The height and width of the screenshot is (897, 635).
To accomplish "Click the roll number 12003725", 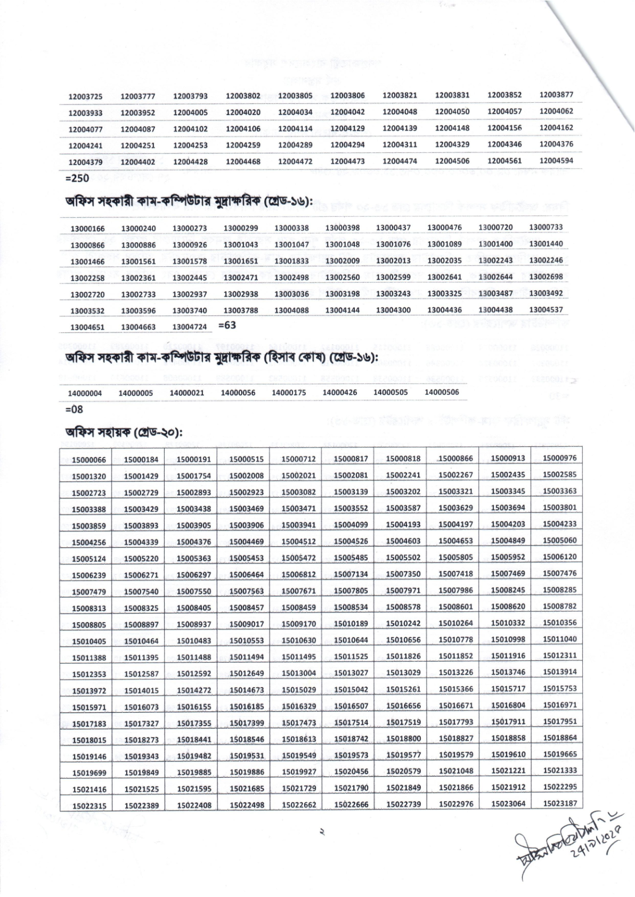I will pyautogui.click(x=85, y=96).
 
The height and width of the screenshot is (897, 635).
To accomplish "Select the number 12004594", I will pyautogui.click(x=556, y=160).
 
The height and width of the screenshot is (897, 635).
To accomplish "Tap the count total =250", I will pyautogui.click(x=77, y=178).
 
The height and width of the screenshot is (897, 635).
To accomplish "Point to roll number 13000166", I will pyautogui.click(x=88, y=229).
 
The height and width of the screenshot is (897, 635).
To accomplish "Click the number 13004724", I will pyautogui.click(x=190, y=327).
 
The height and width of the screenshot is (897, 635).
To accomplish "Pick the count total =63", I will pyautogui.click(x=227, y=324).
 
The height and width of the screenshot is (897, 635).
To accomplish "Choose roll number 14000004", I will pyautogui.click(x=85, y=393).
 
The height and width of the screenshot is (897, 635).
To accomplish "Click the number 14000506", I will pyautogui.click(x=442, y=392).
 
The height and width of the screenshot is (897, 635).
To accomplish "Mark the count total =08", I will pyautogui.click(x=74, y=410).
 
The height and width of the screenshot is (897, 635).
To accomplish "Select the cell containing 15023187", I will pyautogui.click(x=559, y=803).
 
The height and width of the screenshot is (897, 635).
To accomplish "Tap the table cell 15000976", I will pyautogui.click(x=559, y=458).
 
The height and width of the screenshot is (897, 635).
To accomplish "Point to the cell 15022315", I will pyautogui.click(x=89, y=806).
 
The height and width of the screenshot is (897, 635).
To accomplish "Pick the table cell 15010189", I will pyautogui.click(x=351, y=624).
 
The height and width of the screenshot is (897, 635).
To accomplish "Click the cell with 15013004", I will pyautogui.click(x=298, y=673).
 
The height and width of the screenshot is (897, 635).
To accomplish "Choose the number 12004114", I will pyautogui.click(x=295, y=128).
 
